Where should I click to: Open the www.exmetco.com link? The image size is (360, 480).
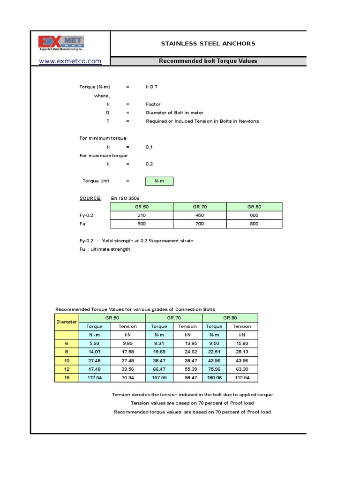(x=70, y=61)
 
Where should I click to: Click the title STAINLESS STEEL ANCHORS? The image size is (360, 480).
(x=208, y=44)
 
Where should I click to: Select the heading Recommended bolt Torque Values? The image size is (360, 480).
(x=208, y=61)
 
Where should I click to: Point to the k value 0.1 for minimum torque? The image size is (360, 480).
(x=150, y=147)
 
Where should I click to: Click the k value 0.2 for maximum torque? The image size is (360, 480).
(x=150, y=164)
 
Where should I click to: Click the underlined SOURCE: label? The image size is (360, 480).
(x=90, y=198)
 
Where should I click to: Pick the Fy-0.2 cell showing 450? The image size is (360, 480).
(x=200, y=215)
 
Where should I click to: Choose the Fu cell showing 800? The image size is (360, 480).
(x=255, y=224)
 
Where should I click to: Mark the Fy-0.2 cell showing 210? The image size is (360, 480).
(x=142, y=215)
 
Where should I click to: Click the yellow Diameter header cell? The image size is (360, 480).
(x=67, y=322)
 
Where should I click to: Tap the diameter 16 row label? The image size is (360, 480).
(x=67, y=378)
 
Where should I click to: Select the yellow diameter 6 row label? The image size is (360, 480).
(x=67, y=344)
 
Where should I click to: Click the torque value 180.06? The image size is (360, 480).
(x=214, y=378)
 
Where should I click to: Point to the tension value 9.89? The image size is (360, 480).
(x=127, y=344)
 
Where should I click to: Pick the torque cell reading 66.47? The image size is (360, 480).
(x=159, y=369)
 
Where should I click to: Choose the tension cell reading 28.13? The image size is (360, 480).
(x=242, y=352)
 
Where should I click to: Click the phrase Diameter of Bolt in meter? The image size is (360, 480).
(x=175, y=112)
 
